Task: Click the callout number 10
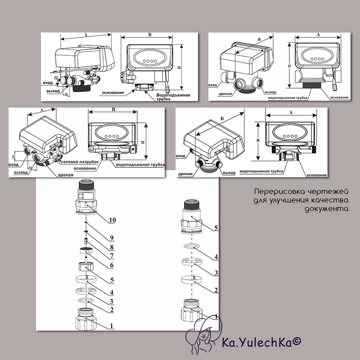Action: (112, 220)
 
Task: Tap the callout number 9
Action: (112, 238)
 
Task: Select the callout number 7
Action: (112, 255)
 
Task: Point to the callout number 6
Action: (112, 265)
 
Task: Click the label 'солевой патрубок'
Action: (80, 162)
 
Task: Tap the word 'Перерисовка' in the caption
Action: (279, 191)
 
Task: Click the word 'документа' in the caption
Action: (327, 209)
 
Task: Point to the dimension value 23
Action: (56, 77)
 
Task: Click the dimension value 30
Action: (66, 94)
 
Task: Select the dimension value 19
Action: (13, 157)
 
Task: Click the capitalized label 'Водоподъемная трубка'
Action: (173, 97)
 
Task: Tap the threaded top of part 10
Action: (86, 185)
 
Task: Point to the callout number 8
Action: (112, 247)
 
